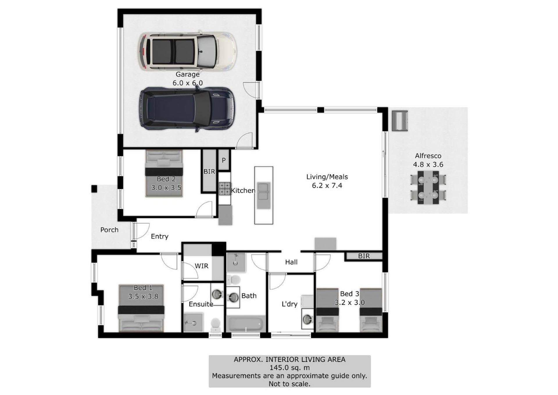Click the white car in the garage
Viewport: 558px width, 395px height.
187,51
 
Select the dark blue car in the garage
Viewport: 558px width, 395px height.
187,109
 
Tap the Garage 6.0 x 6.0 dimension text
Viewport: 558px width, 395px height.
187,83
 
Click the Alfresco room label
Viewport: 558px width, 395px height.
428,156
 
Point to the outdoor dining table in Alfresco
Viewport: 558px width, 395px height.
428,187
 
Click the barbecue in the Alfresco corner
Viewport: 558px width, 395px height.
400,121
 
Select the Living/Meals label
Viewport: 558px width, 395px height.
327,177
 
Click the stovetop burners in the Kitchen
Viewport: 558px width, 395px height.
224,188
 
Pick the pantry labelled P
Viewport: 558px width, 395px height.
224,160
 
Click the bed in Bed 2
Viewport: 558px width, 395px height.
164,174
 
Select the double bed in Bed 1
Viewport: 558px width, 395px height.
141,308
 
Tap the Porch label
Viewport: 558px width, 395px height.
109,230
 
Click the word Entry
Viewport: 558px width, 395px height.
160,236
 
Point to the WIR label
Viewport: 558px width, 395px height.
201,266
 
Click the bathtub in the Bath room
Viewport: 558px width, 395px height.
246,324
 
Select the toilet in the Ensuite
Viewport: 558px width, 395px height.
216,325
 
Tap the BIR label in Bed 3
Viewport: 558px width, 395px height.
364,256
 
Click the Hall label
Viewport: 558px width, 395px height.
291,262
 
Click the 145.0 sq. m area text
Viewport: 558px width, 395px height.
289,368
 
